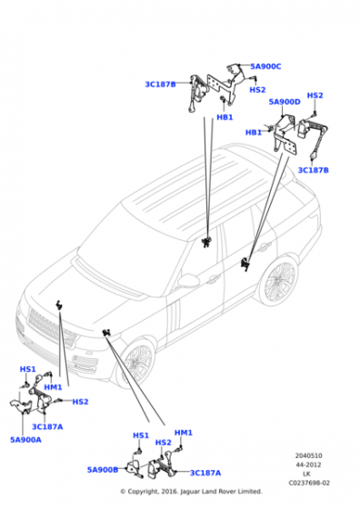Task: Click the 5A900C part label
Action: (x=265, y=66)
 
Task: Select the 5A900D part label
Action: (x=284, y=102)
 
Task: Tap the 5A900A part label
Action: (x=26, y=439)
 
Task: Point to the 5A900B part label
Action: (x=103, y=470)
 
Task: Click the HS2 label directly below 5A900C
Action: (x=258, y=90)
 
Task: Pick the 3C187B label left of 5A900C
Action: (x=160, y=85)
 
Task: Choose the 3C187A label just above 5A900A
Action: (x=47, y=425)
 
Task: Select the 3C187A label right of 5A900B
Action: (x=205, y=473)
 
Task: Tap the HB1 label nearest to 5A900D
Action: (x=254, y=133)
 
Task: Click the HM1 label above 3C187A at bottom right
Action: (x=183, y=433)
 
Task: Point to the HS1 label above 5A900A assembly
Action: (x=27, y=369)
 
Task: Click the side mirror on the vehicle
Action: (x=188, y=282)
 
